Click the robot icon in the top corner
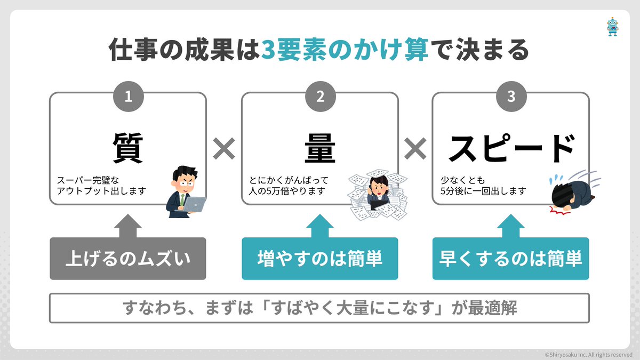coord(612,27)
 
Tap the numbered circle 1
coord(128,96)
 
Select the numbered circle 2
coord(320,96)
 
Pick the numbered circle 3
coord(511,96)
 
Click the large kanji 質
coord(128,147)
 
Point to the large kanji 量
coord(320,147)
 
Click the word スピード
coord(511,148)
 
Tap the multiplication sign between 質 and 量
coord(224,149)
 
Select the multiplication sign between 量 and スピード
coord(415,149)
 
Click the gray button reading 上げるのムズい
coord(128,259)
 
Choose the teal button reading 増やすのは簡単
coord(320,259)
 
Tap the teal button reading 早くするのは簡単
coord(511,259)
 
